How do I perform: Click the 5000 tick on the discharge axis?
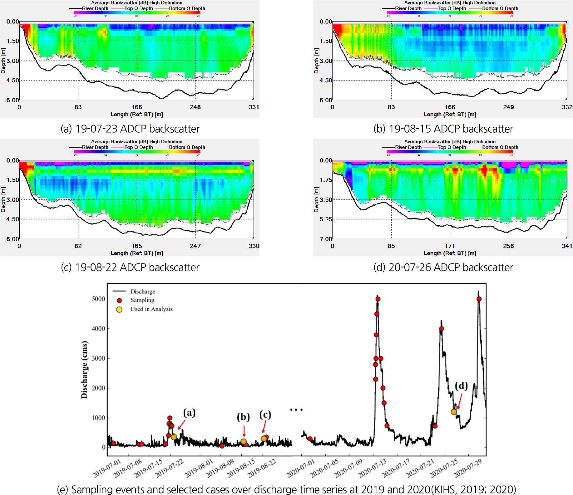tap(98, 299)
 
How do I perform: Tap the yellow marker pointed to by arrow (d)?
tap(454, 412)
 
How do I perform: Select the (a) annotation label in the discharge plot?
tap(189, 413)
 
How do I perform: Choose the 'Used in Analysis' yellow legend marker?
tap(119, 309)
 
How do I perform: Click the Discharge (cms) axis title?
tap(84, 370)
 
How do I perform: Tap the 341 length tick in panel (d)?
tap(567, 246)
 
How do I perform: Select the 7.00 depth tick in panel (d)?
tap(326, 239)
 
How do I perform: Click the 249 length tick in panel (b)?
tap(508, 107)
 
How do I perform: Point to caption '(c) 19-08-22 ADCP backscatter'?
tap(130, 267)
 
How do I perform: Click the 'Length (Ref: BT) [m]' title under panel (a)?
tap(137, 114)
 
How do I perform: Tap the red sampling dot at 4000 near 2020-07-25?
tap(442, 329)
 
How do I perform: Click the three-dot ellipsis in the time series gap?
tap(296, 410)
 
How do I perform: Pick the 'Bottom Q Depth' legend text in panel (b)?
tap(500, 8)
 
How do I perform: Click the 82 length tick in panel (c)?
tap(78, 246)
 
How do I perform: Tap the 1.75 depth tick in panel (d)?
tap(326, 180)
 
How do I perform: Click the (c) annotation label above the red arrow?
tap(265, 414)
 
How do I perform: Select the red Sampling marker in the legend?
tap(119, 301)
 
